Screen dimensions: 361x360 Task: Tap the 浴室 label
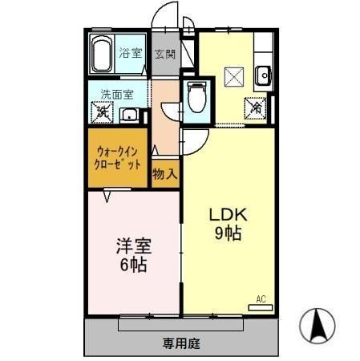131,55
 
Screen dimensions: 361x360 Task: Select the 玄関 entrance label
165,55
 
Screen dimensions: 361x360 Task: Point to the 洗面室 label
111,92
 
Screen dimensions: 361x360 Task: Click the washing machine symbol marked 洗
102,113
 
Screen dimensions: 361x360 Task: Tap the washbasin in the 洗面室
129,114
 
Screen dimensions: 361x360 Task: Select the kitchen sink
262,76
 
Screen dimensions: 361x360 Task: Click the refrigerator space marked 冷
257,105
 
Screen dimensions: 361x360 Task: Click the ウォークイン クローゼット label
118,156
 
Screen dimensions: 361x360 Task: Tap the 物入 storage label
164,172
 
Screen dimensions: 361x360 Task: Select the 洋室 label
133,246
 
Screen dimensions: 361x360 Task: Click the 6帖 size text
133,265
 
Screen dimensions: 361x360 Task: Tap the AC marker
260,299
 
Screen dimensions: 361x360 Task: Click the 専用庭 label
180,343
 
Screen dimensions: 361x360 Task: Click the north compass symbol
317,326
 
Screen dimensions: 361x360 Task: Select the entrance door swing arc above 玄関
165,16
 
